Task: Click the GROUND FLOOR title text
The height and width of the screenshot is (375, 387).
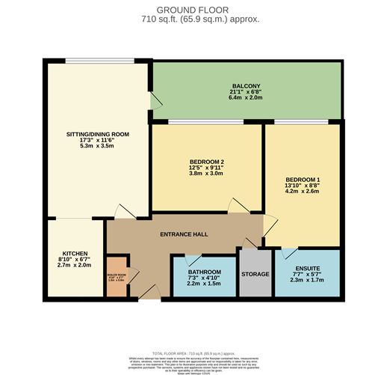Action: pos(193,9)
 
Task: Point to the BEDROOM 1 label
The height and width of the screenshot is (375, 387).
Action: pos(303,180)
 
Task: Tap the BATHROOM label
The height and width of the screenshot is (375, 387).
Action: pos(204,272)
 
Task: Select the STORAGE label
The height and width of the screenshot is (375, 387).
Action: pos(255,274)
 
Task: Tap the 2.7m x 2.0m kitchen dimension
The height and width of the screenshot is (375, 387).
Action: pos(74,265)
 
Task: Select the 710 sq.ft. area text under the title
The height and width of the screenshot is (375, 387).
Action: pos(193,19)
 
